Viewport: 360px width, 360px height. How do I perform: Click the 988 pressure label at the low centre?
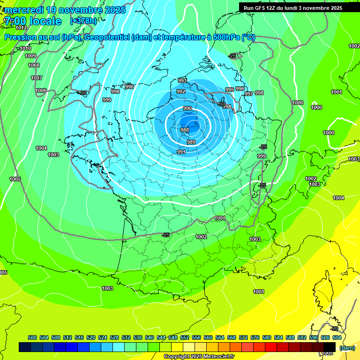point(185,130)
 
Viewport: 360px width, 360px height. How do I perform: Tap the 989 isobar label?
point(191,142)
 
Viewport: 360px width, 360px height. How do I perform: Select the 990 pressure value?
point(187,108)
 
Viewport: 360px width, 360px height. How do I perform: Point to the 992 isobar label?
point(181,91)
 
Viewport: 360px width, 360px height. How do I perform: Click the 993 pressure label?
point(182,81)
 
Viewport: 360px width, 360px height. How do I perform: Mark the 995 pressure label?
point(229,90)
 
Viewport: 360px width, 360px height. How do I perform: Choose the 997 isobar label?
point(249,94)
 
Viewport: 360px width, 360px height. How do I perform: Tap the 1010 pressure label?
point(26,48)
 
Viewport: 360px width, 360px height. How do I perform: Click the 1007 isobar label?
point(37,78)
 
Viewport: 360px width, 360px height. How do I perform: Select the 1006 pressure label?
point(41,90)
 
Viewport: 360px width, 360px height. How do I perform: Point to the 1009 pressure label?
point(30,56)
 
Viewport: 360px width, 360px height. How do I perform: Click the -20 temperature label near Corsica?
point(334,329)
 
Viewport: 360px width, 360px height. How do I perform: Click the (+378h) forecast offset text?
point(83,21)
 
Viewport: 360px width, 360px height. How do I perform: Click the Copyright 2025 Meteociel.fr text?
point(199,356)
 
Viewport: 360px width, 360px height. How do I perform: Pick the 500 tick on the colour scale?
point(32,337)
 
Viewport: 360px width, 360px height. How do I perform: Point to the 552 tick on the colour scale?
point(185,337)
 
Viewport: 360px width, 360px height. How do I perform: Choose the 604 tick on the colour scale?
point(337,337)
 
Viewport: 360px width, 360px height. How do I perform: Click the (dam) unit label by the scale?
point(347,347)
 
